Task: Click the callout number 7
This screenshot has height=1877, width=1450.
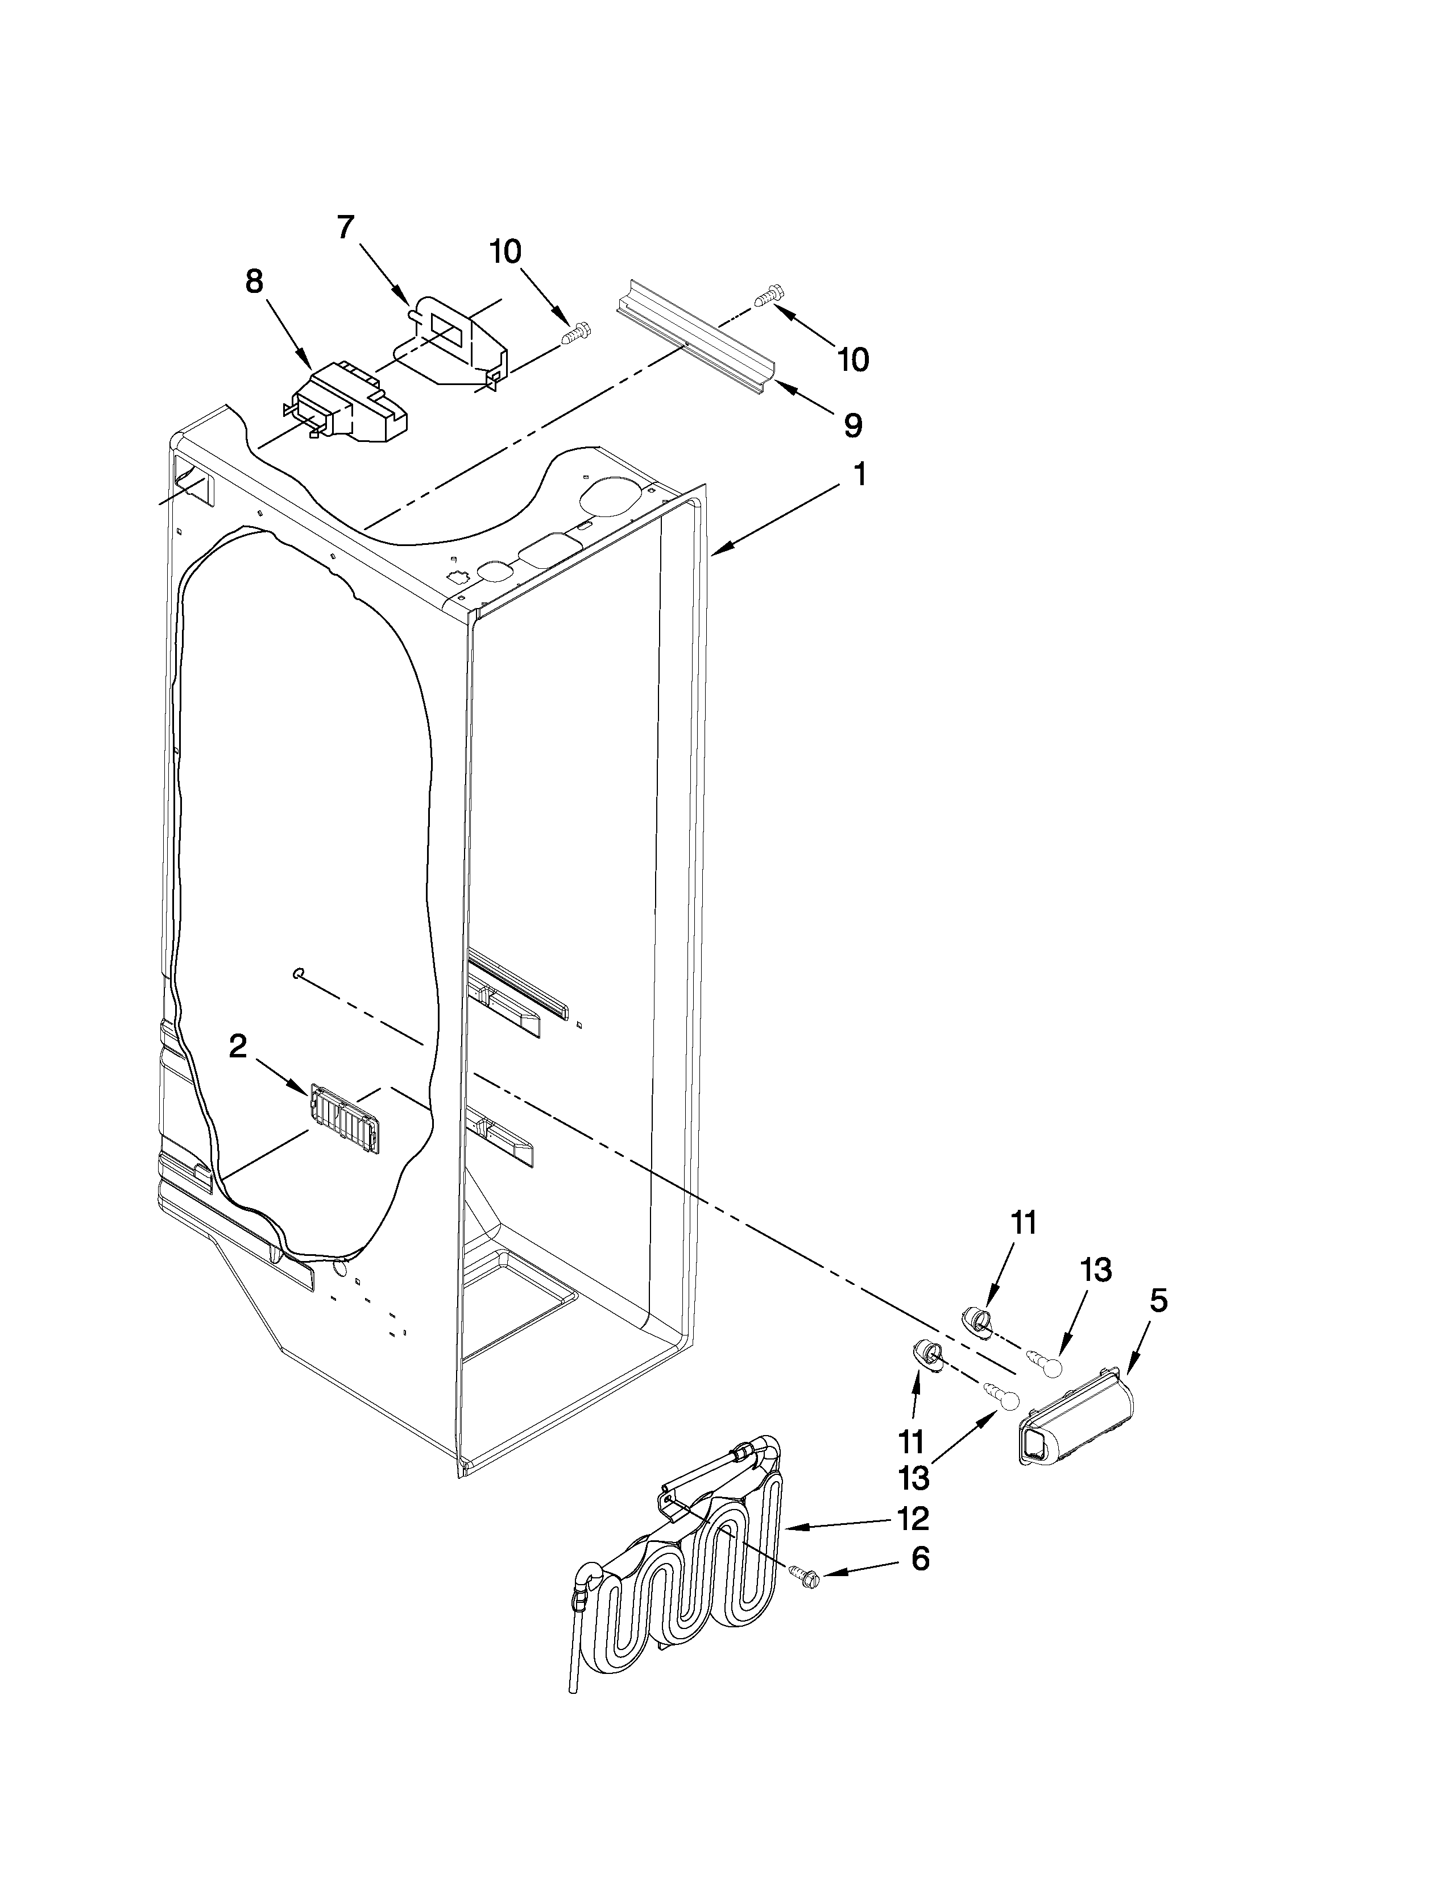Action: [x=345, y=228]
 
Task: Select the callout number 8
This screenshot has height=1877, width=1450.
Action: [x=254, y=282]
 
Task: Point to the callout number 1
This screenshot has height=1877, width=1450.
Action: [x=858, y=474]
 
